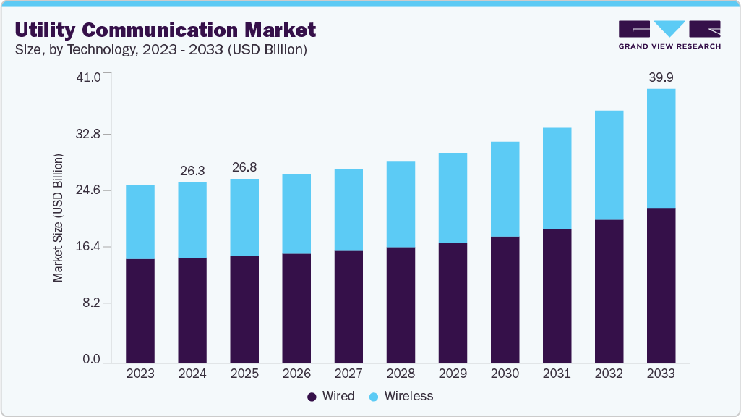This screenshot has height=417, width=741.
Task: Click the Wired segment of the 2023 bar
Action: (x=140, y=311)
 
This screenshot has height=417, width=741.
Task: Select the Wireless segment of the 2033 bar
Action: (x=661, y=148)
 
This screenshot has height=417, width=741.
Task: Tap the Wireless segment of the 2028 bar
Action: (x=401, y=204)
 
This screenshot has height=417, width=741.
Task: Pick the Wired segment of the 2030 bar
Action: (x=505, y=300)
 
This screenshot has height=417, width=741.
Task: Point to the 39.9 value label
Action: (x=661, y=77)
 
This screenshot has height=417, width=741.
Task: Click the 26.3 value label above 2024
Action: (x=192, y=171)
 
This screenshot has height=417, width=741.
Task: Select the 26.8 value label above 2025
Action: (x=244, y=167)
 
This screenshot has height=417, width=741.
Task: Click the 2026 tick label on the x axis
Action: (x=296, y=374)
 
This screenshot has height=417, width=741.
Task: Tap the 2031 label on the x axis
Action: (x=557, y=374)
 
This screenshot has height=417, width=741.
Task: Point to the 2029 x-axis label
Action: (x=453, y=374)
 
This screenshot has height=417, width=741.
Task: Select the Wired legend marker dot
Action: (x=312, y=397)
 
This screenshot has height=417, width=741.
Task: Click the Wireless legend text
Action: (x=408, y=396)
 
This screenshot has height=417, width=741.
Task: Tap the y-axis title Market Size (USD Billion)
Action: (x=58, y=218)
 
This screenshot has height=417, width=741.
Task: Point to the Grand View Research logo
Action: (x=669, y=34)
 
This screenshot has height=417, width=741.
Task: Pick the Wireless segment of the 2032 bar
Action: (x=609, y=165)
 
